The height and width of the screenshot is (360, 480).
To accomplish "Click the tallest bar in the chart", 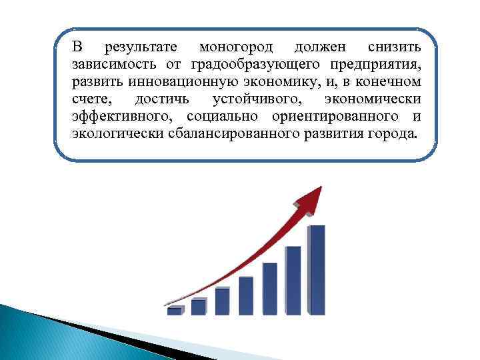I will click(x=317, y=270).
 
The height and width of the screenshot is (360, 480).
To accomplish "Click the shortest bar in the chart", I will click(x=175, y=311).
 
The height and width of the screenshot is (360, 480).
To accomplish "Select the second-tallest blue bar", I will click(x=293, y=280).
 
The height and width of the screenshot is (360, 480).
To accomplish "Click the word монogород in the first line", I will click(x=233, y=48).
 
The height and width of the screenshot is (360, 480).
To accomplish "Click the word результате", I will click(x=141, y=48).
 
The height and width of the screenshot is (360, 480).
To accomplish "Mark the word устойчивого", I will click(x=256, y=99).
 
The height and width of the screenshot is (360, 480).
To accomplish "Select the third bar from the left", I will click(x=223, y=301).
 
